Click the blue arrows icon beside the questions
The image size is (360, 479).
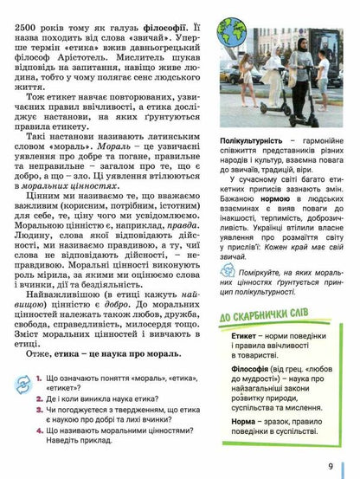coord(20,383)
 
